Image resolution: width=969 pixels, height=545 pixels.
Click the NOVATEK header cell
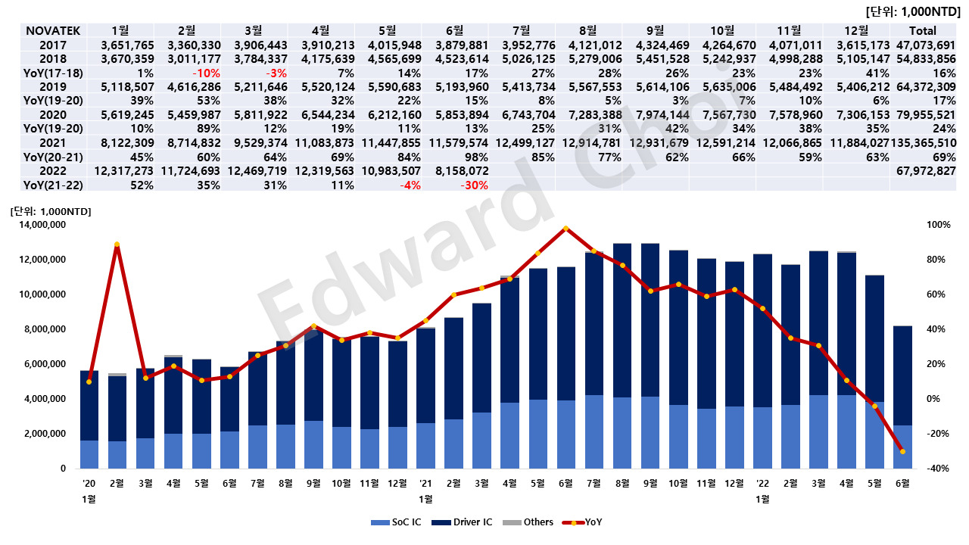[49, 31]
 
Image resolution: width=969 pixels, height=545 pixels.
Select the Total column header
[921, 31]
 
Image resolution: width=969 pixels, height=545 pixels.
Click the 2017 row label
[39, 45]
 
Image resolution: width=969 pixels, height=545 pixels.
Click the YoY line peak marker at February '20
[117, 244]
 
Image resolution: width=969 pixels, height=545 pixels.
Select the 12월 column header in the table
[857, 31]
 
